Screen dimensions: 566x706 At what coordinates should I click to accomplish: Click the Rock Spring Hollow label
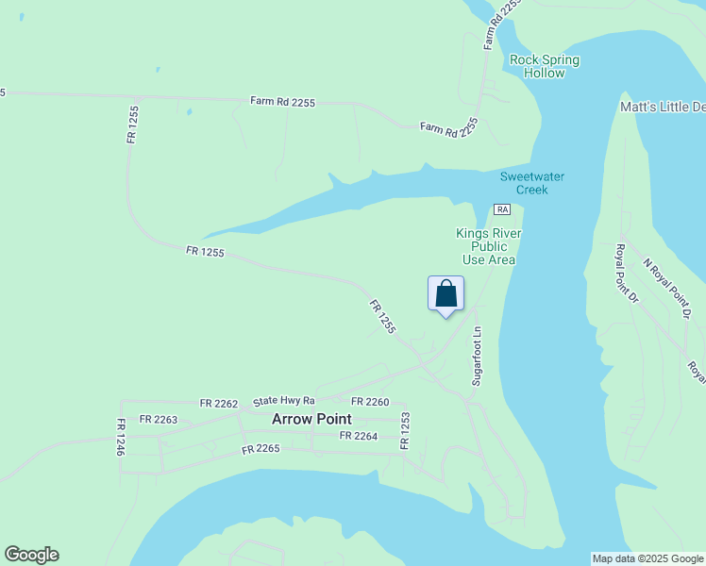[x=544, y=66]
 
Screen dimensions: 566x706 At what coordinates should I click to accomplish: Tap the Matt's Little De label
[x=662, y=108]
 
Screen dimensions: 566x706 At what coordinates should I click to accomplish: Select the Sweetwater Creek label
[x=524, y=183]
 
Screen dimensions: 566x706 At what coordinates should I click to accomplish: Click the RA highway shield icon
[x=501, y=209]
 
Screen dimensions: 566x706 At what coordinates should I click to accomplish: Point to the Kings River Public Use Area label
[x=488, y=246]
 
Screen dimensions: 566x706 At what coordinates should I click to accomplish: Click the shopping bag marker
[x=445, y=294]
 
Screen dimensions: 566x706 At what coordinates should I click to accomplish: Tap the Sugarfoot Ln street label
[x=477, y=356]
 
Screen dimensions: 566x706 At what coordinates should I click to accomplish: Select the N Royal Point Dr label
[x=667, y=288]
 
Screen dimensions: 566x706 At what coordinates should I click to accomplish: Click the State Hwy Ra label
[x=283, y=401]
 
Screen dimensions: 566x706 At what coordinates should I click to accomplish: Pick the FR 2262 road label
[x=219, y=403]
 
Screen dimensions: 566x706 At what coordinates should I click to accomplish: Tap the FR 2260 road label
[x=371, y=403]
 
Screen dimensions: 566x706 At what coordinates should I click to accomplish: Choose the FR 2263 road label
[x=158, y=419]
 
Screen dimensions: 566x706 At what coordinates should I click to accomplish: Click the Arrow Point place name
[x=311, y=419]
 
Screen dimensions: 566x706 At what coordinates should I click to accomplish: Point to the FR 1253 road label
[x=405, y=430]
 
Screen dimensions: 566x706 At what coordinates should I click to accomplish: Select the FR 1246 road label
[x=121, y=438]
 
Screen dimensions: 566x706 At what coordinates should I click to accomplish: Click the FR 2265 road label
[x=261, y=449]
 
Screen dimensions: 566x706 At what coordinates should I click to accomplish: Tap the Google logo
[x=31, y=555]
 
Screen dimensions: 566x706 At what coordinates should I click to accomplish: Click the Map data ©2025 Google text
[x=647, y=558]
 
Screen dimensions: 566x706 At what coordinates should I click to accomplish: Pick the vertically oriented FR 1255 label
[x=132, y=124]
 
